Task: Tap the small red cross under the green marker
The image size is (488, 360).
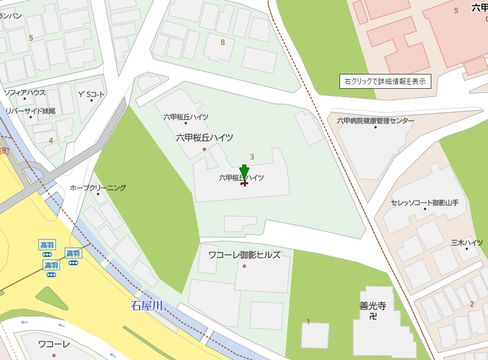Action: tap(245, 183)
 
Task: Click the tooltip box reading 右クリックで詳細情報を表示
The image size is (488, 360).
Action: tap(385, 82)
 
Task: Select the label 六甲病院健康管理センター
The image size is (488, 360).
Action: tap(375, 121)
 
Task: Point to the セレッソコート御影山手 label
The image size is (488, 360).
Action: tap(424, 203)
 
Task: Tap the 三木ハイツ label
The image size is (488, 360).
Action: tap(467, 243)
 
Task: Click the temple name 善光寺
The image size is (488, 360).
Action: tap(373, 306)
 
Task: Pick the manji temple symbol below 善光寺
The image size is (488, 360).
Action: tap(373, 317)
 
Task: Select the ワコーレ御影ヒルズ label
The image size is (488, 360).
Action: tap(244, 255)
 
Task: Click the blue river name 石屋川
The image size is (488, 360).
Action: tap(147, 306)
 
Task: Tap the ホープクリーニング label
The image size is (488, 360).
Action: tap(98, 188)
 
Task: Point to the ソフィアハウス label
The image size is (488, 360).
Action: tap(24, 93)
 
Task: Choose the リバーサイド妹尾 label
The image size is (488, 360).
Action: tap(30, 111)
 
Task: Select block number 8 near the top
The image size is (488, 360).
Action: tap(223, 42)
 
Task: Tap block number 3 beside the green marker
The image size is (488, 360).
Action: tap(252, 157)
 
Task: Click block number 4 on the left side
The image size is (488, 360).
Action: tap(51, 141)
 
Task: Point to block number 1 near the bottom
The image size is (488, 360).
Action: tap(308, 322)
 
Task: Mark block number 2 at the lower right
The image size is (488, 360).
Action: tap(471, 304)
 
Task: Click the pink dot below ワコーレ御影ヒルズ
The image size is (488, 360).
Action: tap(244, 266)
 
